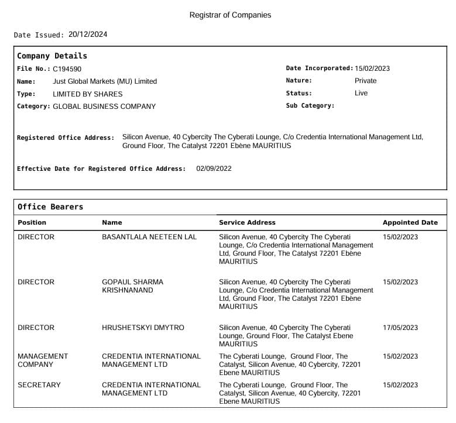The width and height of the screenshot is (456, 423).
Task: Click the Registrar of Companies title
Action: click(x=230, y=15)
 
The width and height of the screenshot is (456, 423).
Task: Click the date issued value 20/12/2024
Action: click(x=88, y=35)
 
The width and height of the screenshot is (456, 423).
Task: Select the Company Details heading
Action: click(x=52, y=56)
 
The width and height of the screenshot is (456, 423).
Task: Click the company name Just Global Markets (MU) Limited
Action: click(x=105, y=81)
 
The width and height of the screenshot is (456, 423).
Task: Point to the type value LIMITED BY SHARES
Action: click(x=88, y=94)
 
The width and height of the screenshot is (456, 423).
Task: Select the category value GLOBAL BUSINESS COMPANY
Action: click(x=104, y=106)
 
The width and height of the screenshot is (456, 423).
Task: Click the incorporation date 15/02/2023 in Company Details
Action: click(x=372, y=68)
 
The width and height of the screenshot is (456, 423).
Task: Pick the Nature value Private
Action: click(x=366, y=81)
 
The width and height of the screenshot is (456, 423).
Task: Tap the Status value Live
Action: click(x=361, y=93)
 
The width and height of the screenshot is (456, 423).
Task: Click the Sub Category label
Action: click(x=310, y=106)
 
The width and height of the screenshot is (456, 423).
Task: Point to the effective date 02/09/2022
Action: click(x=214, y=168)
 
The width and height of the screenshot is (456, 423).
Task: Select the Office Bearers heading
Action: click(x=50, y=207)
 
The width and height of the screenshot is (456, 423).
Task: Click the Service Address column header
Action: click(x=247, y=222)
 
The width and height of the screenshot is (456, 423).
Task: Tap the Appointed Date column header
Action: click(x=410, y=222)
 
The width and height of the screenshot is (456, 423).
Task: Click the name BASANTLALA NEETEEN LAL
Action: click(x=149, y=237)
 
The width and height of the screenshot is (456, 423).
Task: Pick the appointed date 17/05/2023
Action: click(x=400, y=328)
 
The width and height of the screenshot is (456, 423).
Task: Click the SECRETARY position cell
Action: click(x=39, y=385)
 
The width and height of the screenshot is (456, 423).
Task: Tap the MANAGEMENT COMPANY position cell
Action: click(x=43, y=360)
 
